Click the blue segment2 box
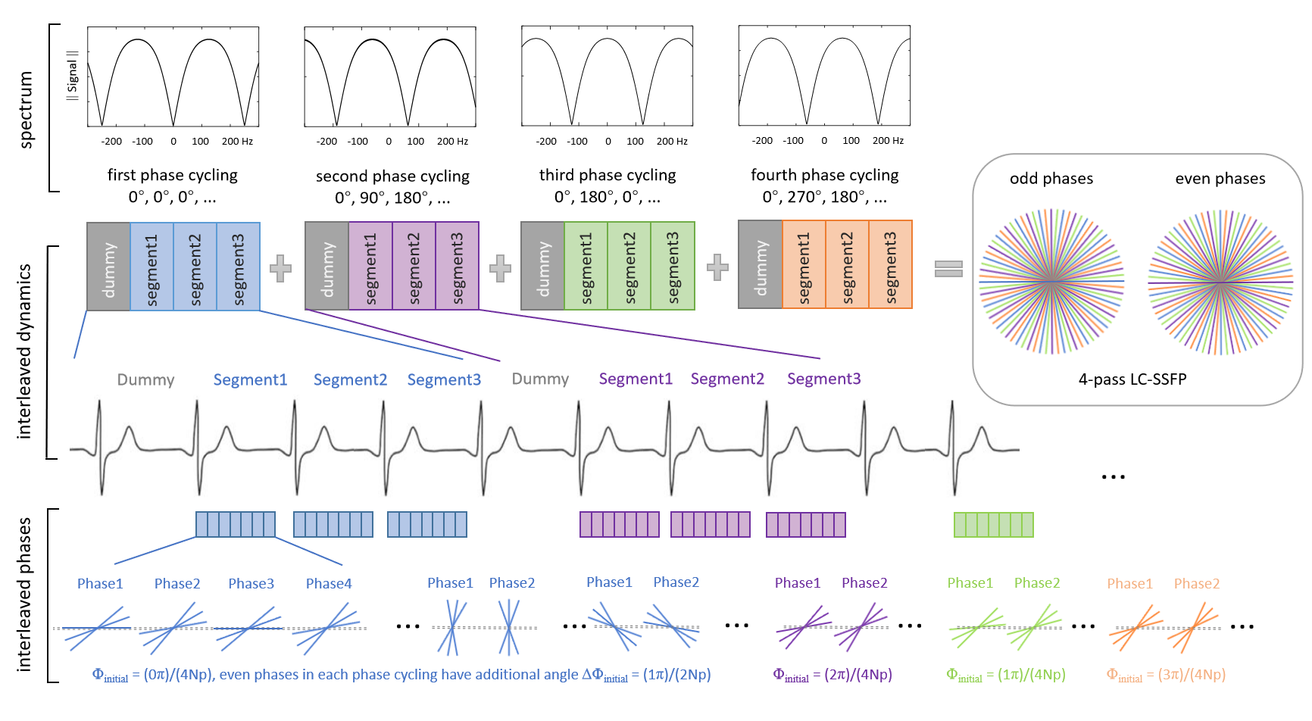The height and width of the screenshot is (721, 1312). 195,267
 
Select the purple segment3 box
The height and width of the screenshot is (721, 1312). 458,266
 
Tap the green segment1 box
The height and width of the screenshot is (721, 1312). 586,266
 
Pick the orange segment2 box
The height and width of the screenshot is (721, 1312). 847,264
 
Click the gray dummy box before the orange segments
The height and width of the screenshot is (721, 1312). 760,264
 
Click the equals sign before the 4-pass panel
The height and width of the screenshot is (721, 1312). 948,269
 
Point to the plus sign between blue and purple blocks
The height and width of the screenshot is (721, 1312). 280,269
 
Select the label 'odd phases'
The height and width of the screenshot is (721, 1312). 1051,179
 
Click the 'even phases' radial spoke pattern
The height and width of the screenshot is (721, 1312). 1220,282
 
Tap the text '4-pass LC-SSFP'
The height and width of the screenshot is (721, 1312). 1132,379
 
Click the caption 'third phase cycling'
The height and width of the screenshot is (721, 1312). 608,175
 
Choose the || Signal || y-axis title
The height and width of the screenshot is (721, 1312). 73,76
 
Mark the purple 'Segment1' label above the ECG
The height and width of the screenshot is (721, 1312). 636,379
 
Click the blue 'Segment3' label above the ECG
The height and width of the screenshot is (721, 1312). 444,379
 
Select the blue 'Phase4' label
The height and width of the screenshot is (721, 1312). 329,584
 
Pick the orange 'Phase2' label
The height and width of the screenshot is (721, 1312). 1196,584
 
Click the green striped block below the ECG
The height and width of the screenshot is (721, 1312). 993,525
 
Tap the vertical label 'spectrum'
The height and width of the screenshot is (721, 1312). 27,110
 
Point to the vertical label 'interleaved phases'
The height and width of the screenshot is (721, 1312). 24,595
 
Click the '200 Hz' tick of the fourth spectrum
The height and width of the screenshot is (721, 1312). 888,141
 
